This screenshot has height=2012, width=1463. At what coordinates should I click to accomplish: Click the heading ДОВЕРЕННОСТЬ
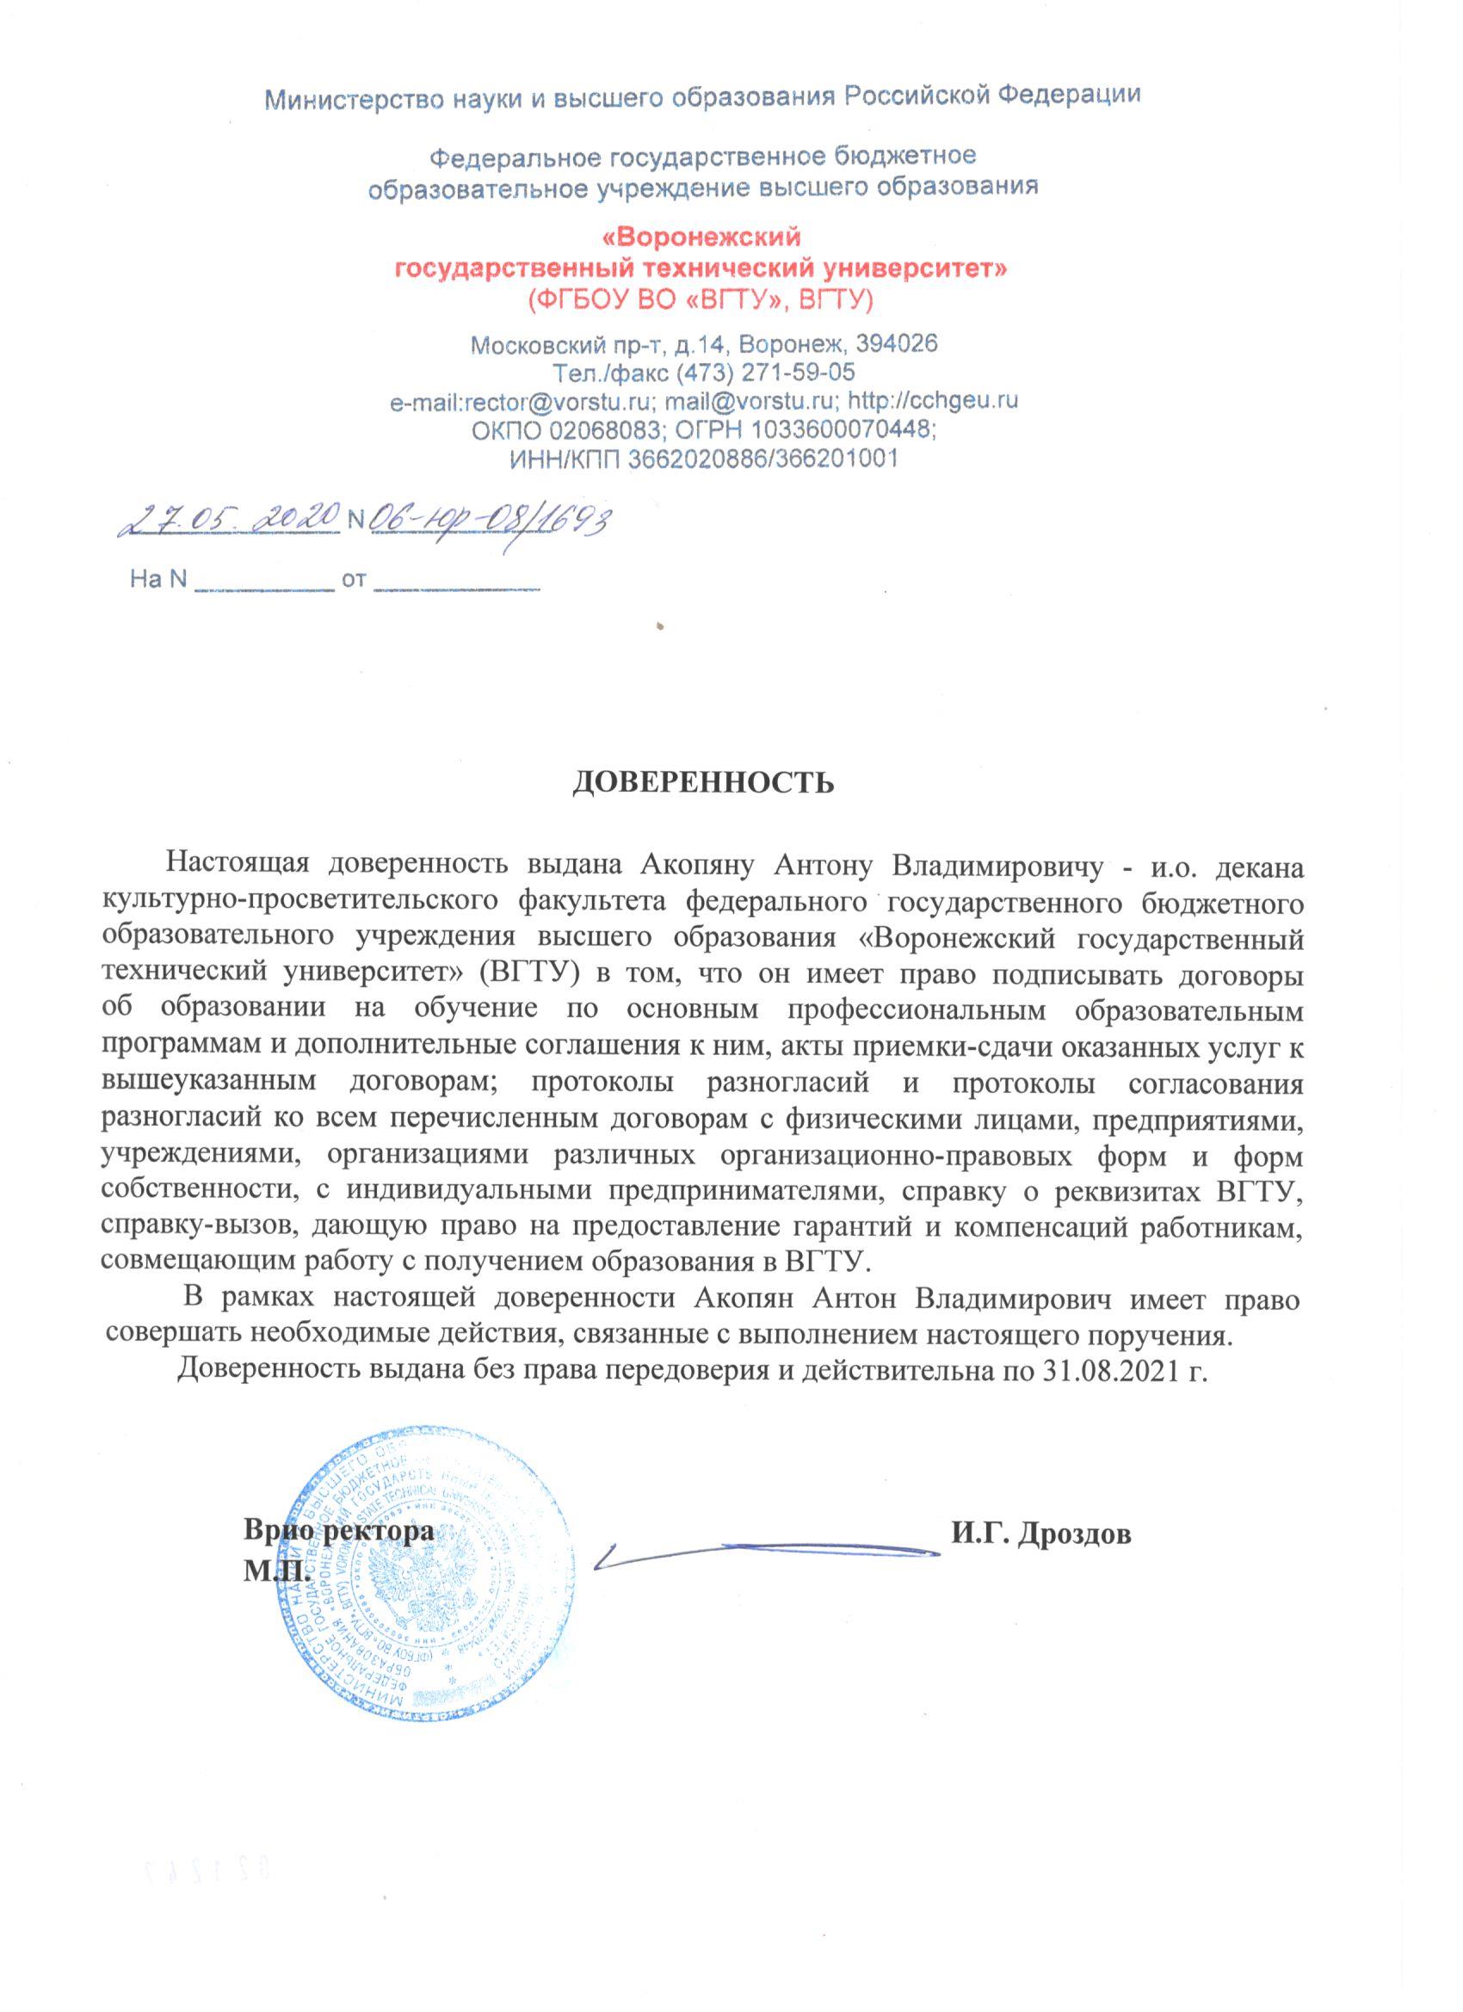click(701, 782)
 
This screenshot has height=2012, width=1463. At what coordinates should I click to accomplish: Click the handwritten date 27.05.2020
click(229, 516)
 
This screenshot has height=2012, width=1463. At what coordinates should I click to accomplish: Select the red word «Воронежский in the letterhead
click(701, 238)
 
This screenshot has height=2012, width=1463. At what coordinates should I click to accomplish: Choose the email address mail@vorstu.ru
click(749, 401)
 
